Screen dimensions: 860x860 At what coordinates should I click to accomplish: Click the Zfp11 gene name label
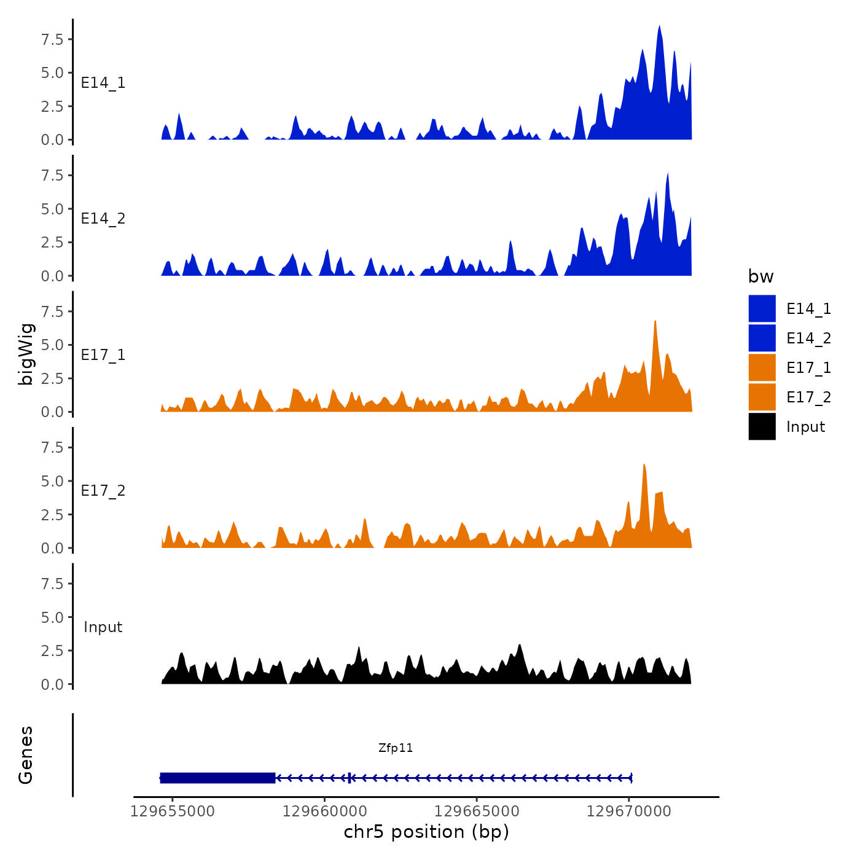(x=396, y=748)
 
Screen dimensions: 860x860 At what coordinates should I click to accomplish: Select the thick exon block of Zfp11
(x=217, y=778)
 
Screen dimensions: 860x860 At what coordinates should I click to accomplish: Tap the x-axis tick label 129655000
(x=173, y=811)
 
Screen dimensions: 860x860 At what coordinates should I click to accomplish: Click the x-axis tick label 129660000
(x=325, y=811)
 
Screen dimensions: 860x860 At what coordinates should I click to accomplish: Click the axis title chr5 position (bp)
(x=426, y=832)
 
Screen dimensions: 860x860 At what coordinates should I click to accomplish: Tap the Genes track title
(x=26, y=755)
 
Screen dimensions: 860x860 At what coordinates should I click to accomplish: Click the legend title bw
(x=760, y=276)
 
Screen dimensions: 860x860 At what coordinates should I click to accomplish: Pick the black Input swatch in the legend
(x=762, y=426)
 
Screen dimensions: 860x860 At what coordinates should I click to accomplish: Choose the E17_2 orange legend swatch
(x=762, y=397)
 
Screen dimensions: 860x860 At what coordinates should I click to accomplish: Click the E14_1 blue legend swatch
(x=762, y=308)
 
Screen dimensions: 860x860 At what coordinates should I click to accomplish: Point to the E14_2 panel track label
(x=103, y=219)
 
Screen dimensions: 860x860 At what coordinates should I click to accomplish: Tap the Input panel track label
(x=103, y=627)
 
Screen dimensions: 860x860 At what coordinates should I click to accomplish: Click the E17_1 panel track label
(x=103, y=355)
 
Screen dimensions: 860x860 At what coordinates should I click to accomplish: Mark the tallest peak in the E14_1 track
(x=659, y=27)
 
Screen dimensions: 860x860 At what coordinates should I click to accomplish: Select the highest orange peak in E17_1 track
(x=655, y=322)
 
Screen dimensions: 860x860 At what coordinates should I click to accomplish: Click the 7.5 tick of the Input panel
(x=52, y=584)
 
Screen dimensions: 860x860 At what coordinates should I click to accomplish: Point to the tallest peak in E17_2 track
(x=644, y=466)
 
